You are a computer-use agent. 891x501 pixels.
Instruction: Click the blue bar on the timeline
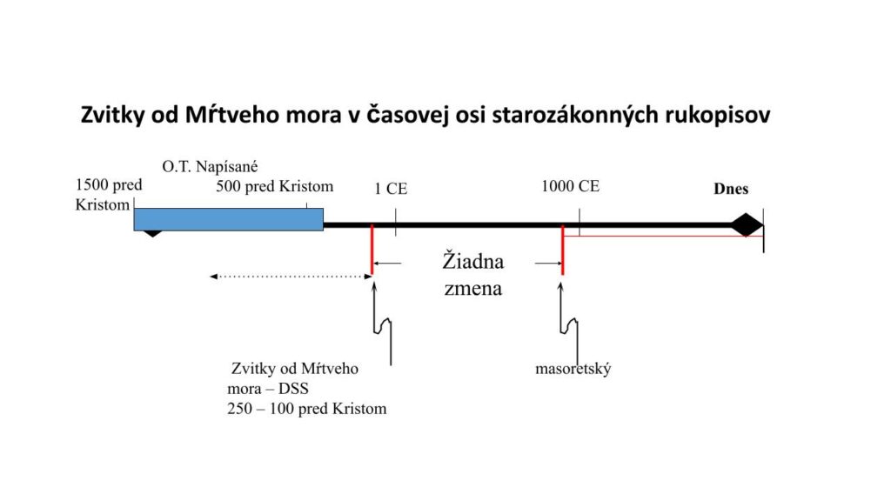[x=229, y=219]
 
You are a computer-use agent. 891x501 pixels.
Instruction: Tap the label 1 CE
[x=391, y=189]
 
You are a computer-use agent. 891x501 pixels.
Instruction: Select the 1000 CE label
[x=570, y=186]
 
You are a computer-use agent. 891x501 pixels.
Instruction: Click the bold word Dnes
[x=731, y=189]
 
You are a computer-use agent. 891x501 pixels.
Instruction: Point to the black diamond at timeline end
[x=746, y=225]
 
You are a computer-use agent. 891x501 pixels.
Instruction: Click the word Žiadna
[x=473, y=261]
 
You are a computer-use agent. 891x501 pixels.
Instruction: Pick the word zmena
[x=473, y=288]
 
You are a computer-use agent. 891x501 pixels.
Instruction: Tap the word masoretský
[x=573, y=369]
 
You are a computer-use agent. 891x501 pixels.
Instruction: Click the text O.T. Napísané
[x=210, y=166]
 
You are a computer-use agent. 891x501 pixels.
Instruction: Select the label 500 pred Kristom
[x=274, y=186]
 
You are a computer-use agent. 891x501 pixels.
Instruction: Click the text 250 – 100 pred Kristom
[x=307, y=409]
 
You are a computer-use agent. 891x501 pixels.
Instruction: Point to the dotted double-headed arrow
[x=291, y=277]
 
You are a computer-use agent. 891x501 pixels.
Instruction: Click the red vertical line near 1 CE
[x=372, y=250]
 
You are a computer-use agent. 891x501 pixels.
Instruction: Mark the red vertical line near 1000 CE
[x=563, y=250]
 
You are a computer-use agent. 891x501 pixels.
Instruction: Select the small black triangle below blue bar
[x=152, y=233]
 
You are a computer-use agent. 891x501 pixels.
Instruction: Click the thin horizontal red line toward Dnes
[x=663, y=236]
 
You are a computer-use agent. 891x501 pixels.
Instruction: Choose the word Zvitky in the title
[x=113, y=116]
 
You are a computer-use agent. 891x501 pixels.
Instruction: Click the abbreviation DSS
[x=293, y=389]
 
